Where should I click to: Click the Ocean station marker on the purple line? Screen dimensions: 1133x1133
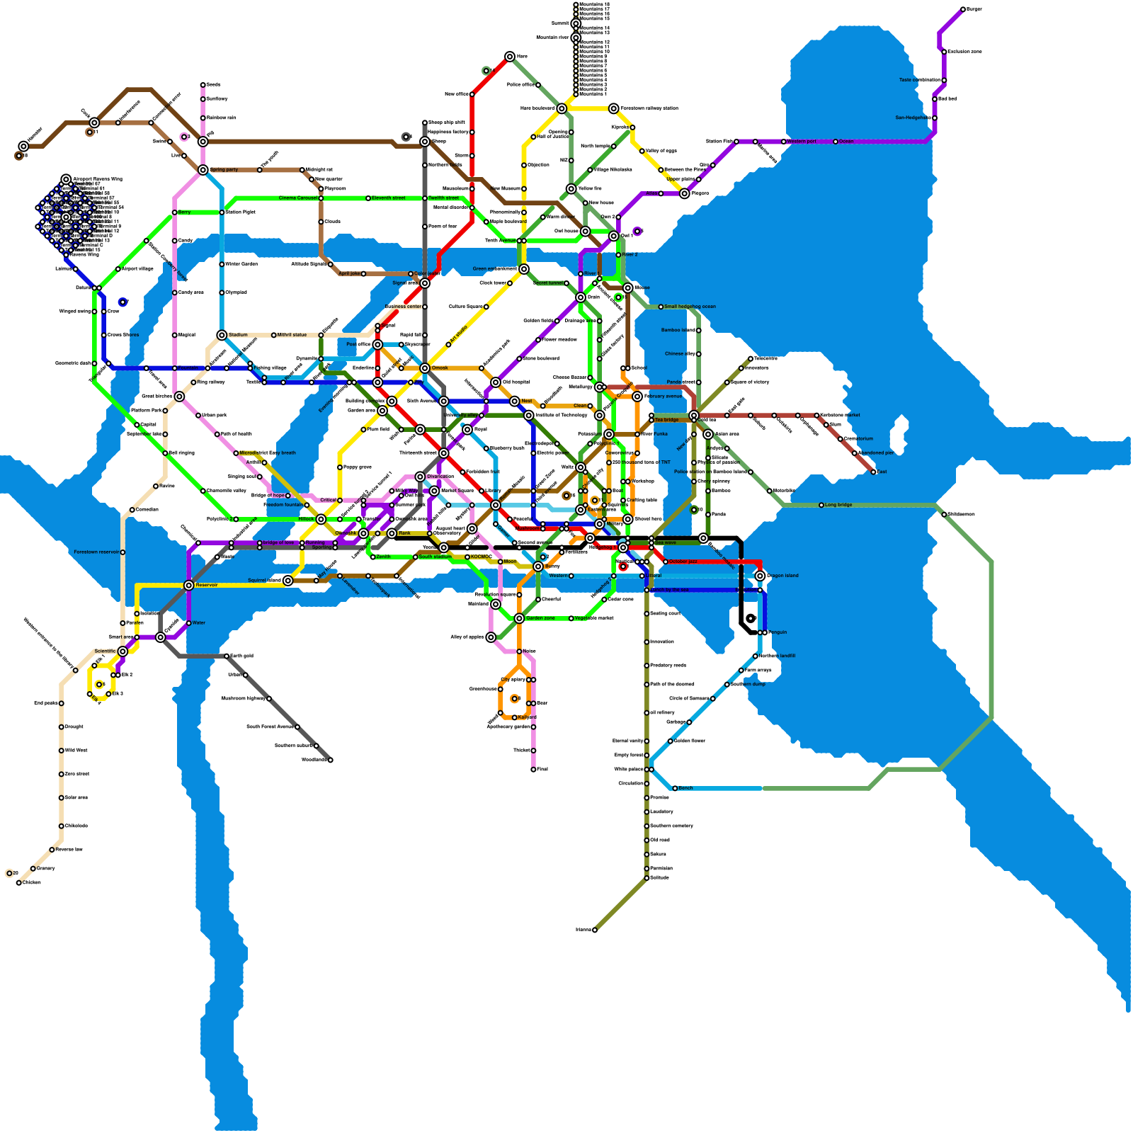coord(836,142)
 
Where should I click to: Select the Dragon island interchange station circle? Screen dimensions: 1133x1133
coord(760,576)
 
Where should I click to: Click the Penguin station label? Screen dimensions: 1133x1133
coord(777,632)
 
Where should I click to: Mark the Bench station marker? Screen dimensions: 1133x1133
coord(675,788)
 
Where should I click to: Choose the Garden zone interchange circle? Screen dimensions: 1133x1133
coord(519,618)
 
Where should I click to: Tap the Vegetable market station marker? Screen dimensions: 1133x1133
coord(571,618)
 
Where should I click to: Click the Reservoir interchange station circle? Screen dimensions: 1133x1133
coord(188,585)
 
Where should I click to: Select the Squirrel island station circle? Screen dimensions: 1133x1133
coord(288,581)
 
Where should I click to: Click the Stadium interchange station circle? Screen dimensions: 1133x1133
coord(222,335)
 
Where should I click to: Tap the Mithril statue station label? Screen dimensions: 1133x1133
coord(292,335)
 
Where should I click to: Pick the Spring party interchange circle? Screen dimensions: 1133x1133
coord(203,170)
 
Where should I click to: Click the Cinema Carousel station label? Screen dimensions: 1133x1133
coord(298,198)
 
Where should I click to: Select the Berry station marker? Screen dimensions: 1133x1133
coord(175,212)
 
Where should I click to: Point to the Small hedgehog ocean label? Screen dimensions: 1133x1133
coord(690,307)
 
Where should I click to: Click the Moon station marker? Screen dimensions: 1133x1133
coord(501,562)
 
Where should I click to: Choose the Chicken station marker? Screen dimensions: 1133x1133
coord(19,883)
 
